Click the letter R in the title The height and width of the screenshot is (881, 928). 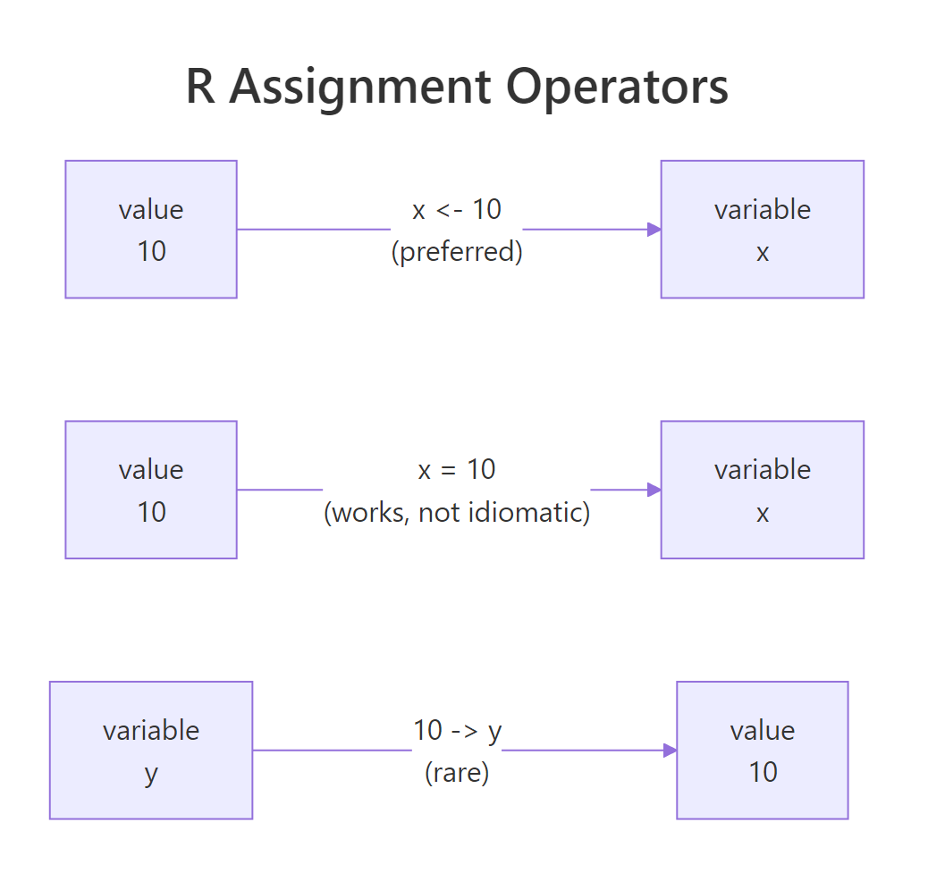click(200, 88)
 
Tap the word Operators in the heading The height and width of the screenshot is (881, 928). click(617, 88)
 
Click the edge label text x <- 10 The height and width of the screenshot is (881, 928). click(457, 209)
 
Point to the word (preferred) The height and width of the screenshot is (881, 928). click(457, 251)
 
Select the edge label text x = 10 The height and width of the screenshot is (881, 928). click(457, 469)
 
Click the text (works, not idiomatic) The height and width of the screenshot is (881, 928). click(457, 512)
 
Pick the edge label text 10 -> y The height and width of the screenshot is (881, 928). click(457, 730)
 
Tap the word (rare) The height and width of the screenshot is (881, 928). click(457, 772)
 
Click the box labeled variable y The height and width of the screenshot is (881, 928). click(151, 750)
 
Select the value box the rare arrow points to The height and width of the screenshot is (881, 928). click(762, 750)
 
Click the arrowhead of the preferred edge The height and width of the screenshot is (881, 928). click(654, 230)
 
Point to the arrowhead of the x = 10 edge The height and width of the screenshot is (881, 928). click(654, 490)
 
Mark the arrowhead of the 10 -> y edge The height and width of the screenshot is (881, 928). click(670, 751)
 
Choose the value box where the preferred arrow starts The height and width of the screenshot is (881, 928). click(151, 229)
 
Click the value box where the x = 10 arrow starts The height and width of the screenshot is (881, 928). click(151, 490)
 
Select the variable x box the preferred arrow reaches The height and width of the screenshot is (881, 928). click(762, 229)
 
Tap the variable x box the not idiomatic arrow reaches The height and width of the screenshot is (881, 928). click(762, 490)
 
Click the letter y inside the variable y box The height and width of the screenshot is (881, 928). click(151, 773)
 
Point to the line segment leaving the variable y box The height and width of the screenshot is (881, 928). click(331, 751)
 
